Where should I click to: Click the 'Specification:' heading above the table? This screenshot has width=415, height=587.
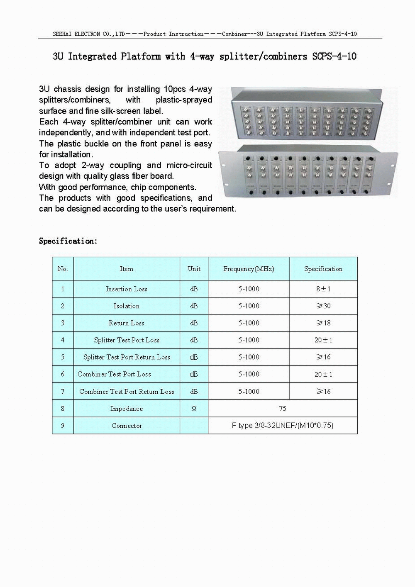pyautogui.click(x=68, y=241)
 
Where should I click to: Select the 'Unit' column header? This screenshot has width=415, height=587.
pyautogui.click(x=194, y=269)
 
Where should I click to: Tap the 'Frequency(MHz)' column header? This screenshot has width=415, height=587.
pyautogui.click(x=249, y=269)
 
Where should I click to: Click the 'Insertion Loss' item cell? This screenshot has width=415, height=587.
pyautogui.click(x=127, y=289)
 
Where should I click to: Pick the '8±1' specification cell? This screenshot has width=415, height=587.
pyautogui.click(x=323, y=289)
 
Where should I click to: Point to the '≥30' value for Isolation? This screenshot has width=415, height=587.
pyautogui.click(x=323, y=306)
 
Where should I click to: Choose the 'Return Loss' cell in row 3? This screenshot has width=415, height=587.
pyautogui.click(x=127, y=323)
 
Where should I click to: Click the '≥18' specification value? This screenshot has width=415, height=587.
pyautogui.click(x=323, y=323)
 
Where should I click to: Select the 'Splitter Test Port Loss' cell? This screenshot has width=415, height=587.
pyautogui.click(x=127, y=340)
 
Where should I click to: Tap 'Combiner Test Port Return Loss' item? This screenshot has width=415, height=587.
pyautogui.click(x=127, y=392)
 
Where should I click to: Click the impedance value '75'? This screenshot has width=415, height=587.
pyautogui.click(x=283, y=409)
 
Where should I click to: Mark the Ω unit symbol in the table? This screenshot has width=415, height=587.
pyautogui.click(x=194, y=409)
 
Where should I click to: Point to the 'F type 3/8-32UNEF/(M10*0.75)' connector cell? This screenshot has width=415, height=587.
pyautogui.click(x=283, y=426)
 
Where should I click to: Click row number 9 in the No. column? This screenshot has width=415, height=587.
pyautogui.click(x=63, y=426)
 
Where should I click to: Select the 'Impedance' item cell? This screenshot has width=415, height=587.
pyautogui.click(x=127, y=409)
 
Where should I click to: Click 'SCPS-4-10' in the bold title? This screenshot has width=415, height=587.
pyautogui.click(x=334, y=56)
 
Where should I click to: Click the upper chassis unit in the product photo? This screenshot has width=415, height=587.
pyautogui.click(x=307, y=114)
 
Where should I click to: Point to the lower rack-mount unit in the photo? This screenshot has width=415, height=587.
pyautogui.click(x=307, y=174)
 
